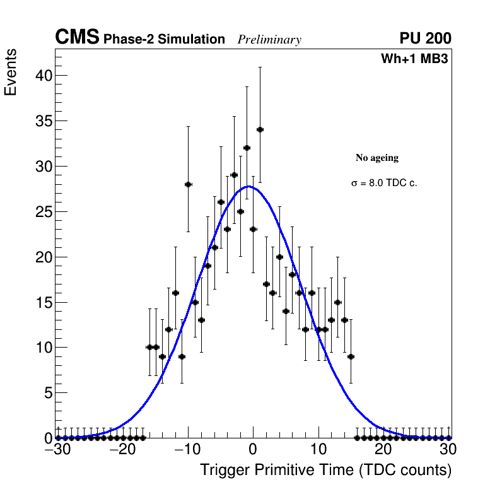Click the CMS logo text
[x=77, y=38]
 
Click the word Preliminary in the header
[x=269, y=40]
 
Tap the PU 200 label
[x=425, y=38]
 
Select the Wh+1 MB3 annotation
[x=414, y=59]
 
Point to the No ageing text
[x=377, y=158]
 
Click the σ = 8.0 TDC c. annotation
[x=384, y=184]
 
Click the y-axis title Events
[x=11, y=71]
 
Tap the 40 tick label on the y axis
[x=41, y=76]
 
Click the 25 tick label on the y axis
[x=41, y=212]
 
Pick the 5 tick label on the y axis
[x=45, y=393]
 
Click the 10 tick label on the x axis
[x=318, y=450]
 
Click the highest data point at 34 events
[x=260, y=129]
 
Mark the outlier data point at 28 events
[x=188, y=184]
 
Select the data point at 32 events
[x=247, y=148]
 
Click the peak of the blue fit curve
[x=250, y=186]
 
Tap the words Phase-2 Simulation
[x=164, y=40]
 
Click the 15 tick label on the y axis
[x=41, y=302]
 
